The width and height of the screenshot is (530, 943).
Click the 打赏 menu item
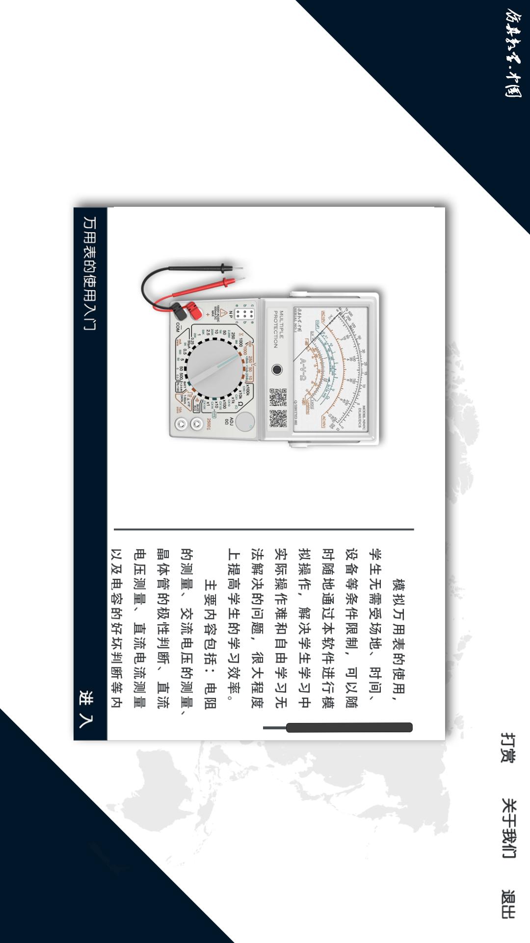(508, 748)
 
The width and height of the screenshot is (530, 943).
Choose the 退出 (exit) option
(508, 904)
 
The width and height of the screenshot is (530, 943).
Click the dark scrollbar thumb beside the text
(349, 727)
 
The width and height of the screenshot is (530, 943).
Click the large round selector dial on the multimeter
(215, 368)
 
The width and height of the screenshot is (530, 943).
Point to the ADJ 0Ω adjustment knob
(244, 421)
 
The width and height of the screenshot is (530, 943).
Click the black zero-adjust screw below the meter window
(277, 369)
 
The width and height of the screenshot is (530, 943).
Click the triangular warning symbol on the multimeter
(223, 313)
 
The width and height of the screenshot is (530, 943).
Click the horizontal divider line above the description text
(264, 529)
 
